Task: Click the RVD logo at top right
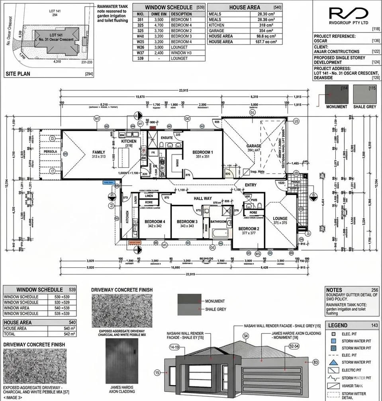(346, 14)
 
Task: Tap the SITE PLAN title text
(18, 74)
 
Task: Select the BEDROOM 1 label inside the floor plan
(203, 152)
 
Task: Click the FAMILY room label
(98, 152)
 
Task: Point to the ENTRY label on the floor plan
(251, 185)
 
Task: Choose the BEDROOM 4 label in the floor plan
(155, 222)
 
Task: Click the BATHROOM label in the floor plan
(218, 222)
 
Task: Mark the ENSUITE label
(167, 138)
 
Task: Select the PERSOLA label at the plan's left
(51, 152)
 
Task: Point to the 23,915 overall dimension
(184, 91)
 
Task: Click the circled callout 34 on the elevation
(245, 336)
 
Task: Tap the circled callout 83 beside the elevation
(316, 362)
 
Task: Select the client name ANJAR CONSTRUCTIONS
(337, 51)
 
